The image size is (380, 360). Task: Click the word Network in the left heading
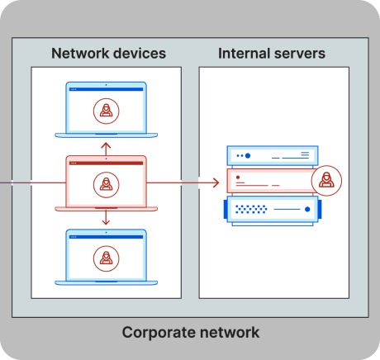[x=80, y=53]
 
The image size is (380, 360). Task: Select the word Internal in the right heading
[x=244, y=53]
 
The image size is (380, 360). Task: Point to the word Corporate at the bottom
[x=159, y=333]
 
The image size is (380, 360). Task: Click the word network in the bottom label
[x=230, y=332]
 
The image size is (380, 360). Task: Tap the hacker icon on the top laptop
[x=107, y=111]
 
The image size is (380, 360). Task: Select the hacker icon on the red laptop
[x=107, y=185]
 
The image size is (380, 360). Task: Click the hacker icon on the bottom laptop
[x=107, y=258]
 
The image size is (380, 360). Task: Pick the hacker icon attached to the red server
[x=326, y=181]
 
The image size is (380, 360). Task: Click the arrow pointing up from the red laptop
[x=106, y=149]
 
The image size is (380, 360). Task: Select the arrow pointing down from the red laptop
[x=106, y=218]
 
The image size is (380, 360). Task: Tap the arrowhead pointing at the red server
[x=216, y=182]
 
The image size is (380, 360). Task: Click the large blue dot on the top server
[x=248, y=156]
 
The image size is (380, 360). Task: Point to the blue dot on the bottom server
[x=307, y=210]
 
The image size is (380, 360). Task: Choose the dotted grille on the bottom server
[x=251, y=209]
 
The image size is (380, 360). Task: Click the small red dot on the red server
[x=238, y=178]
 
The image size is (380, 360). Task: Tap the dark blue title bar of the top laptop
[x=107, y=89]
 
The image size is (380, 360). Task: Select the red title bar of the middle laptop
[x=107, y=163]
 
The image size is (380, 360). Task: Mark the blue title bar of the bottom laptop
[x=107, y=237]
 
